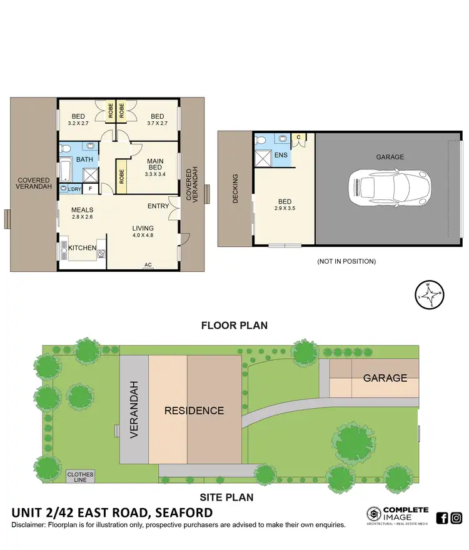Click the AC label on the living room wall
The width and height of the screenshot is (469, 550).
tap(148, 265)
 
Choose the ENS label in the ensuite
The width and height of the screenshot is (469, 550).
tap(280, 154)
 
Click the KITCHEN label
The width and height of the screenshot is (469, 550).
tap(83, 248)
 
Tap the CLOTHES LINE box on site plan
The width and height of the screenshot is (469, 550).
tap(80, 477)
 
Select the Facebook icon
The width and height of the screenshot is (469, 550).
tap(442, 517)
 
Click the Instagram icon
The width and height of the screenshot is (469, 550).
tap(456, 517)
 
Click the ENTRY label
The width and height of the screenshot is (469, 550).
tap(159, 206)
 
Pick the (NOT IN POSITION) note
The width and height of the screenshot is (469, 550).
tap(346, 261)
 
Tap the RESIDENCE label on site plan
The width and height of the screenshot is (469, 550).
tap(194, 411)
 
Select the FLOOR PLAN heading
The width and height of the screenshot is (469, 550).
tap(234, 325)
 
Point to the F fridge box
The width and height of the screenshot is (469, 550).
tap(91, 188)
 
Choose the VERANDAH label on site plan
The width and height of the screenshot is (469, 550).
tap(134, 410)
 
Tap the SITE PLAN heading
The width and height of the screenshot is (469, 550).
tap(226, 497)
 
